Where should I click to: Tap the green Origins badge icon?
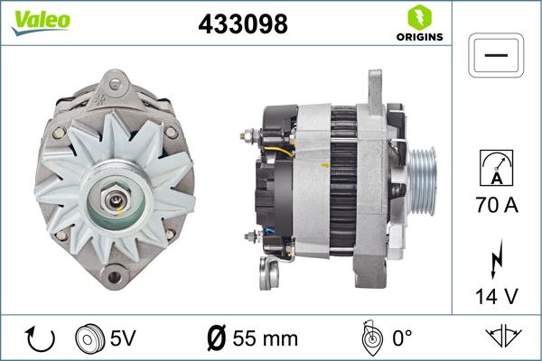(x=417, y=17)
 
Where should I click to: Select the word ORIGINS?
(x=417, y=38)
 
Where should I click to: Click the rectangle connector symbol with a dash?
(x=496, y=55)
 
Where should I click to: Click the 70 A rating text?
(x=496, y=206)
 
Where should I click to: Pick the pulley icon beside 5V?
(x=89, y=338)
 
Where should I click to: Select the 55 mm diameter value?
(x=266, y=338)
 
